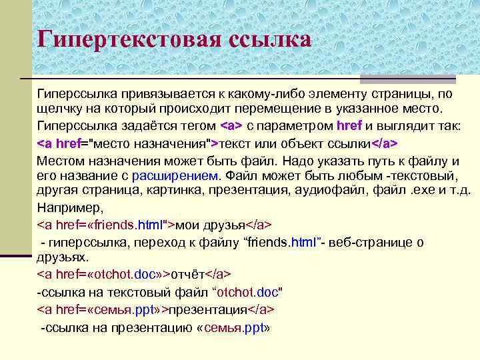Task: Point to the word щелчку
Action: pos(60,109)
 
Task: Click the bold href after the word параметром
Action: pos(349,126)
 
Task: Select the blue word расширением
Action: pos(175,176)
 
